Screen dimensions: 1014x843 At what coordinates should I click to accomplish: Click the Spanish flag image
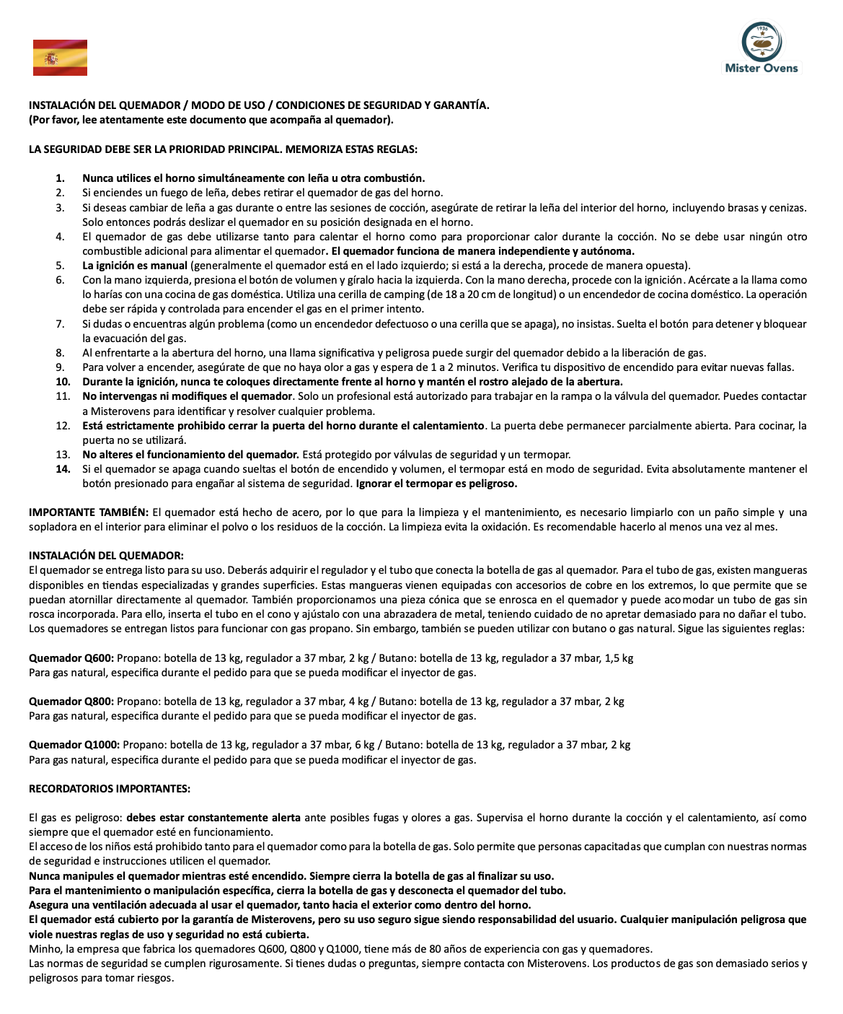[x=60, y=58]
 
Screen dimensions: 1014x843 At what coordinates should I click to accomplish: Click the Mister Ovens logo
[x=762, y=48]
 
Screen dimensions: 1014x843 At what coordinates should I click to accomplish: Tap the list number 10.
[x=63, y=382]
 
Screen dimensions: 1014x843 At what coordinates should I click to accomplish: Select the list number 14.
[x=63, y=469]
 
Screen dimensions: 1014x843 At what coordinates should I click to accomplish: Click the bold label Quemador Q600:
[x=71, y=658]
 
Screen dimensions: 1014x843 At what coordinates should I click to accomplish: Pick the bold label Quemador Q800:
[x=71, y=702]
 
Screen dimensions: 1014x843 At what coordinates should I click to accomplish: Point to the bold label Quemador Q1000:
[x=74, y=745]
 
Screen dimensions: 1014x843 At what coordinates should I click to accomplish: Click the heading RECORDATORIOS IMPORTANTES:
[x=110, y=789]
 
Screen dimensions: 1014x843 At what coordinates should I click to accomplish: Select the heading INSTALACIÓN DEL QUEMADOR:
[x=106, y=556]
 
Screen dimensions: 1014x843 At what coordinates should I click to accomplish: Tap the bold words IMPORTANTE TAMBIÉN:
[x=89, y=512]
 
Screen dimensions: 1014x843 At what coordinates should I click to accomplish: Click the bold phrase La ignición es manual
[x=135, y=266]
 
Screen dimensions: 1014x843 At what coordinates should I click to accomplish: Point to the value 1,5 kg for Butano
[x=619, y=658]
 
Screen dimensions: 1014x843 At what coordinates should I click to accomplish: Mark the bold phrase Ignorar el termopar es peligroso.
[x=436, y=484]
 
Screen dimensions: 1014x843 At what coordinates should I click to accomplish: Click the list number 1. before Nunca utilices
[x=61, y=178]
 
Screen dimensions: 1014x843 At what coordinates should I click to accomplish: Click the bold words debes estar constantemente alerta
[x=213, y=818]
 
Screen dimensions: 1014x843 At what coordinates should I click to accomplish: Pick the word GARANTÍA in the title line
[x=462, y=105]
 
